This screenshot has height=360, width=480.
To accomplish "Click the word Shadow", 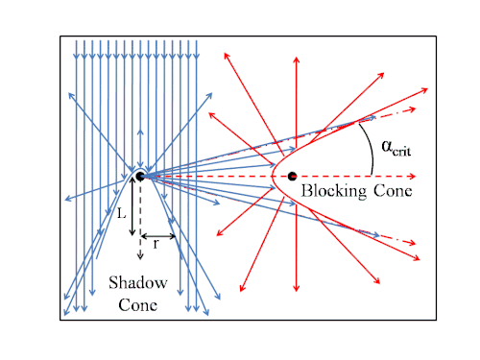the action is pos(138,282).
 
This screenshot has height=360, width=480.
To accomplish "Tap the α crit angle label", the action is pos(396,148).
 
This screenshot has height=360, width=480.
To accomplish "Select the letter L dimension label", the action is pos(121,213).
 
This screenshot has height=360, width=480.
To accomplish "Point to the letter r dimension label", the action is pos(156,244).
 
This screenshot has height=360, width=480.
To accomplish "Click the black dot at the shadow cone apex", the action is pos(140,176).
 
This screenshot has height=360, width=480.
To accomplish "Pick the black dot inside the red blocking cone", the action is pos(292,176).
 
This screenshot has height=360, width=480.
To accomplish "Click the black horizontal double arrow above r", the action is pos(158,236).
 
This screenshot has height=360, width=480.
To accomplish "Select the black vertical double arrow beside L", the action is pos(132,206).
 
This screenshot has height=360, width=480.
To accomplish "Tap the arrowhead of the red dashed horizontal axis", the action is pos(415,176).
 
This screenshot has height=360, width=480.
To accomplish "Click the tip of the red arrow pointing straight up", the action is pos(297,58).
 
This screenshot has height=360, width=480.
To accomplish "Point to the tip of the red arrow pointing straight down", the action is pos(297,291).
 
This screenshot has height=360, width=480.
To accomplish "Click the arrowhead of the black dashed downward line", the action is pos(140,258).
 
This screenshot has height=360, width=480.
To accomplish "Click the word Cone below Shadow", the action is pos(138,305).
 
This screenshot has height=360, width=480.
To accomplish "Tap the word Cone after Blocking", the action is pos(393,191).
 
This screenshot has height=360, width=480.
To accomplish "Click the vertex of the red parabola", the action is pos(272,176).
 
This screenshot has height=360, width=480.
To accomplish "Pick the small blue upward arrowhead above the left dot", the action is pos(140,131).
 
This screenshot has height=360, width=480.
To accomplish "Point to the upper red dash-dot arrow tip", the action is pos(415,109).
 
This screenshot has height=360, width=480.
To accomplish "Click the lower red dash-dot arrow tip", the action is pos(415,244).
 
